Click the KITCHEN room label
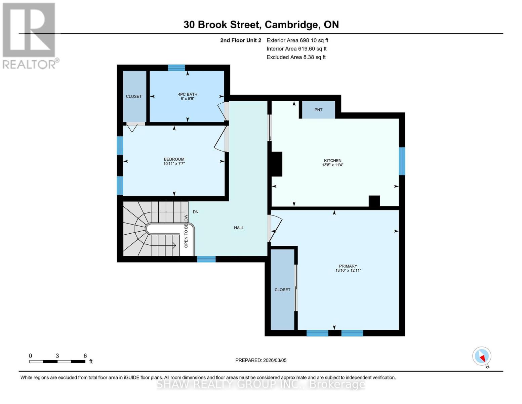[332, 161]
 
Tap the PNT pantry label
[318, 110]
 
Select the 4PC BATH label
[188, 95]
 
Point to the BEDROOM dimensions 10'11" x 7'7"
[174, 164]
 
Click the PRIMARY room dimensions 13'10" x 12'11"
[348, 270]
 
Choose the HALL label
[239, 228]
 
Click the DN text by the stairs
[196, 212]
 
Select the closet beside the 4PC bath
[134, 96]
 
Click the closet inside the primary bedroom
[282, 290]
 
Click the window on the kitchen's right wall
[402, 161]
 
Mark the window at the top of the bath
[176, 68]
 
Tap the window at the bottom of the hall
[206, 259]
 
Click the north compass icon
[482, 357]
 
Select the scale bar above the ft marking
[57, 362]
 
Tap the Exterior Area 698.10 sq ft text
[297, 40]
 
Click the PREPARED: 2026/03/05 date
[261, 360]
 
